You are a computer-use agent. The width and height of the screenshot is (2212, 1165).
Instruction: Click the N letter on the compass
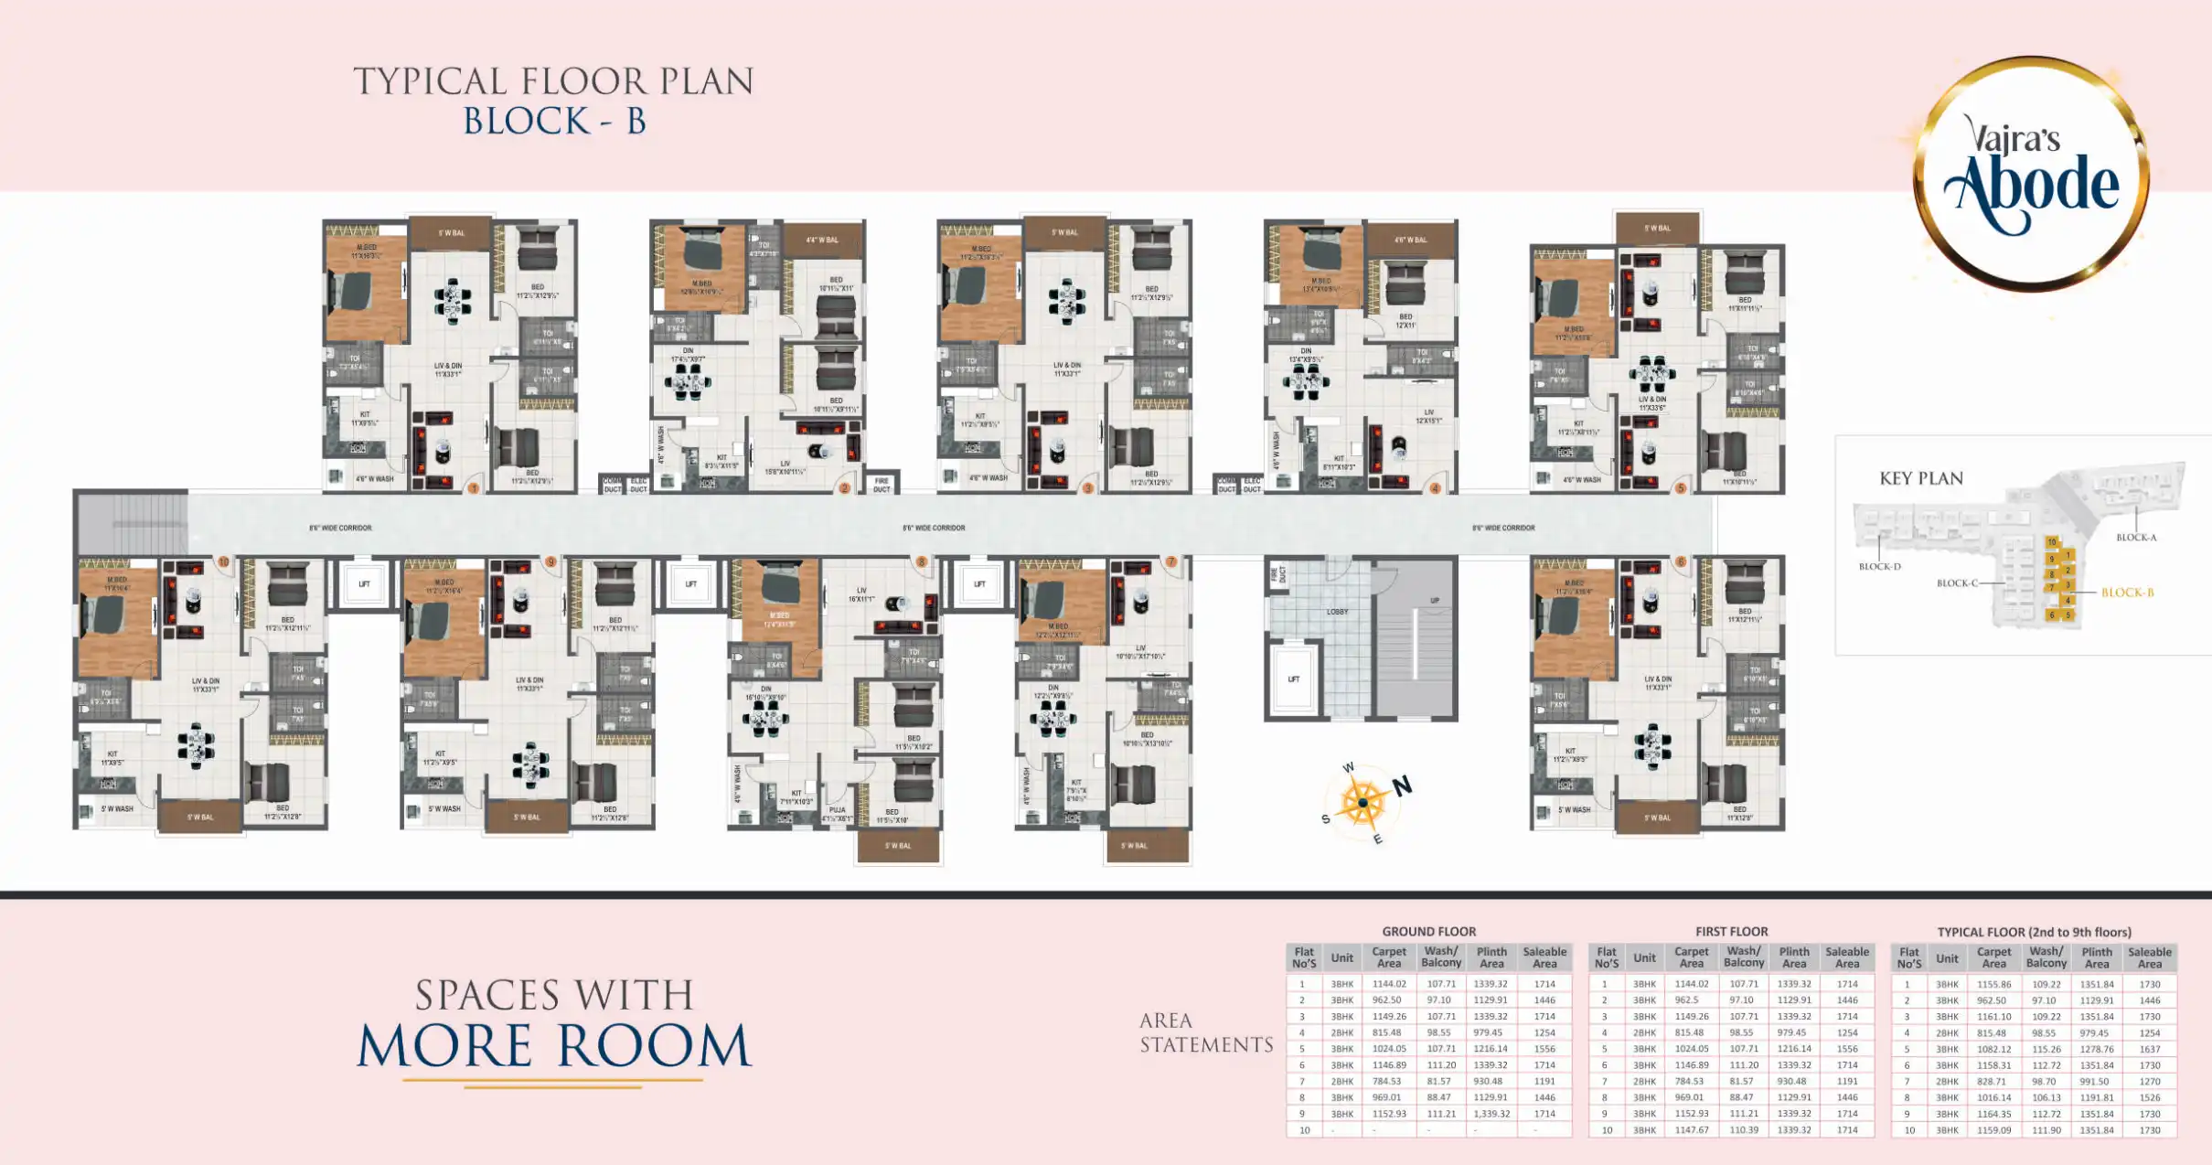(x=1402, y=786)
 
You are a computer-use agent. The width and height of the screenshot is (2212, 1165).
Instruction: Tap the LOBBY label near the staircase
(x=1337, y=612)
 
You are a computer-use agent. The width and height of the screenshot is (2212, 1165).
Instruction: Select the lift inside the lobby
(x=1293, y=679)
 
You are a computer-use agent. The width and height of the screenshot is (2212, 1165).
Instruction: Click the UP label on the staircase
(x=1435, y=601)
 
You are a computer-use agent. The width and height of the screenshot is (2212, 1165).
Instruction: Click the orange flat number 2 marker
(x=844, y=488)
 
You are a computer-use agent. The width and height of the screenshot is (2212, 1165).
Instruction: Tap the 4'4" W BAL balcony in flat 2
(x=821, y=240)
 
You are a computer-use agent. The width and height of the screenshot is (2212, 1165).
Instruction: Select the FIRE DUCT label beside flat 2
(x=882, y=484)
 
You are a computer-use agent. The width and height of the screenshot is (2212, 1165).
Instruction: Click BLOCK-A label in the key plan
(x=2136, y=538)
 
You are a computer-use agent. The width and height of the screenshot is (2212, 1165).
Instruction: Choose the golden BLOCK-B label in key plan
(x=2127, y=593)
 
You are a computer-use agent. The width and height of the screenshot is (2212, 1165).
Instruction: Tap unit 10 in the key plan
(x=2051, y=542)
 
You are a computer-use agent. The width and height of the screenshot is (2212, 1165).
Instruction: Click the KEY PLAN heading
(x=1920, y=478)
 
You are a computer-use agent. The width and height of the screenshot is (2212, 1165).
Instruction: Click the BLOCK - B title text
(x=554, y=122)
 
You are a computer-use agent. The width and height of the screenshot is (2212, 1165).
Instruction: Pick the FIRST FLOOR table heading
(x=1731, y=932)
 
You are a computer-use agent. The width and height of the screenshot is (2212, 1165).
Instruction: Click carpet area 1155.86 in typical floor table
(x=1993, y=985)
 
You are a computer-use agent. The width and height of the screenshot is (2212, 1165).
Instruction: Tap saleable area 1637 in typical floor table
(x=2149, y=1049)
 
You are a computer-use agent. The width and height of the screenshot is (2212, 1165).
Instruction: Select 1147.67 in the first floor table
(x=1691, y=1130)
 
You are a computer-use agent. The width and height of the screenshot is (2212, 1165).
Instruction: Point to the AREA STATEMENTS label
(x=1205, y=1032)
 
